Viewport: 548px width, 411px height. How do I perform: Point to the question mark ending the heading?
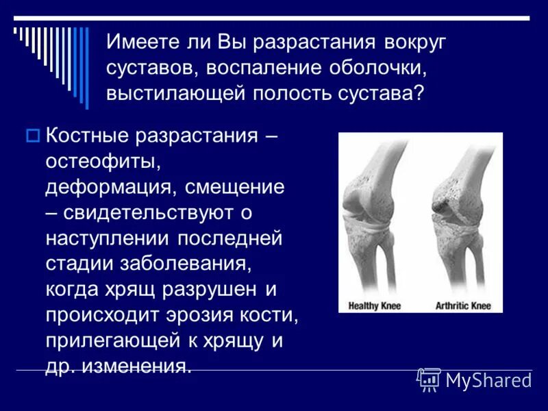click(418, 93)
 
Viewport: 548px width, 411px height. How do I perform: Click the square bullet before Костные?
click(32, 136)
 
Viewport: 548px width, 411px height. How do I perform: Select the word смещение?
click(234, 188)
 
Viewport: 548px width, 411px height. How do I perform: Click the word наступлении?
click(108, 239)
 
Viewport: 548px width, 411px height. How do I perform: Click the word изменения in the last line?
click(136, 367)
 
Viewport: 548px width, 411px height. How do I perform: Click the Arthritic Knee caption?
click(463, 306)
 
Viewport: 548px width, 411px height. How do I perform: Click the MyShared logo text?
click(488, 380)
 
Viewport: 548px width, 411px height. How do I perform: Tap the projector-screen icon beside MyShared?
click(429, 379)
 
